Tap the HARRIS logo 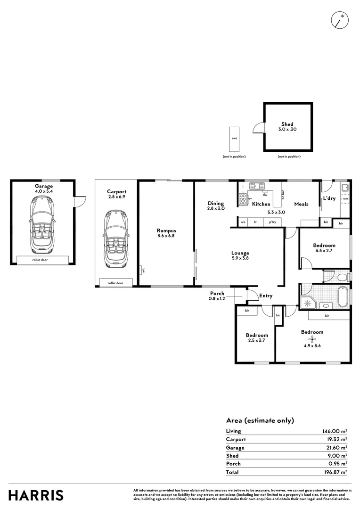coord(36,495)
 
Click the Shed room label coord(287,124)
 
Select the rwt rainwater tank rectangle coord(234,139)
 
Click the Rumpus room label coord(166,230)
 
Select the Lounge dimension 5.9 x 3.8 coord(240,258)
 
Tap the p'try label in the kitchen coord(272,222)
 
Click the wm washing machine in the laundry coord(345,199)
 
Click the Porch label coord(217,293)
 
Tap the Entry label coord(266,296)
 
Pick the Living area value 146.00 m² coord(334,431)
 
